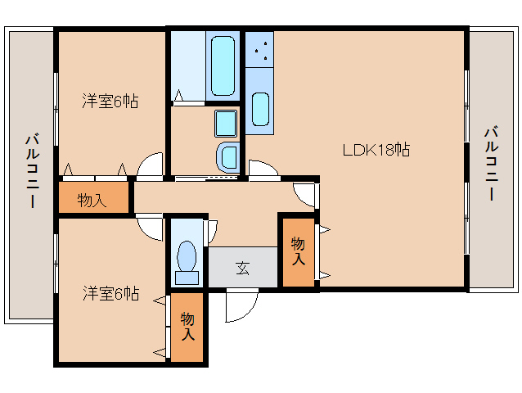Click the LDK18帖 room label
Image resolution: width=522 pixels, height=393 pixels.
click(x=376, y=150)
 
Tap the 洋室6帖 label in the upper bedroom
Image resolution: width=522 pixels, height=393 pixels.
click(x=109, y=102)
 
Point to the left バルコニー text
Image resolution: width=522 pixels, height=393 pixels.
click(x=31, y=171)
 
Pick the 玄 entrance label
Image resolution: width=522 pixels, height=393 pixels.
click(x=243, y=267)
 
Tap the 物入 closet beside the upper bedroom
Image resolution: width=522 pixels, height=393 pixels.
click(x=93, y=199)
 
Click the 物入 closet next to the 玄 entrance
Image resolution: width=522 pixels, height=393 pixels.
click(x=298, y=251)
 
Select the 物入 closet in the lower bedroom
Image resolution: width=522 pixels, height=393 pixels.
click(x=188, y=327)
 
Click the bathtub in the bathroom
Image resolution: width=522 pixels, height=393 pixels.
click(x=223, y=65)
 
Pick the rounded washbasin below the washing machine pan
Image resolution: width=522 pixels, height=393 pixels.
click(x=227, y=156)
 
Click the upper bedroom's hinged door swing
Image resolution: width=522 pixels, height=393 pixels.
click(x=151, y=166)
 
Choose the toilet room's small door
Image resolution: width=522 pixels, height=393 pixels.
click(x=211, y=228)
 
